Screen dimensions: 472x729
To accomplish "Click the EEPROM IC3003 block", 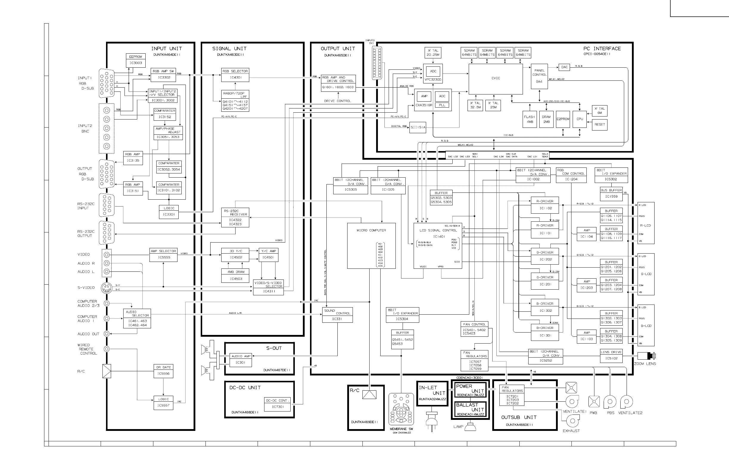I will (135, 60).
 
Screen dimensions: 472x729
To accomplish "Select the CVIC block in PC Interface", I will (496, 78).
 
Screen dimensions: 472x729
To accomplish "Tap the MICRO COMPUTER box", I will (371, 246).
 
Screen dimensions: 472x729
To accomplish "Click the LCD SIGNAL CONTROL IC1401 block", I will (438, 246).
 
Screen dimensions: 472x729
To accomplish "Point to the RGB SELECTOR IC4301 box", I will (235, 75).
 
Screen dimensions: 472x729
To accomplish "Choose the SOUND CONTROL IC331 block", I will (337, 315).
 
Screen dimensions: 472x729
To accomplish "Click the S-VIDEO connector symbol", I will (106, 288).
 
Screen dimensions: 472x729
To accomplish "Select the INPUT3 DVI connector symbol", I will (377, 63).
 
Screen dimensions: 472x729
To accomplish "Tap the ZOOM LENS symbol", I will (646, 356).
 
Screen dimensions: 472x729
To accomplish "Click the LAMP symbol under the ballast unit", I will (470, 426).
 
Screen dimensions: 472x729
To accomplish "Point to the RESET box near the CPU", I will (599, 125).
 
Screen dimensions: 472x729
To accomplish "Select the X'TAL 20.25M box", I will (433, 53).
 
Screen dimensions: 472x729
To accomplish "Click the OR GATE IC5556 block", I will (163, 371).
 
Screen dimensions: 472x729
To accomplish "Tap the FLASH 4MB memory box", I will (529, 119).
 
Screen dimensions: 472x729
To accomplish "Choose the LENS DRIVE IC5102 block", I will (611, 355).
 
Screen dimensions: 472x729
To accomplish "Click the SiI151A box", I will (418, 128).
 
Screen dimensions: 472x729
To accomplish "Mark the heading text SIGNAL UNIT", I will (229, 49).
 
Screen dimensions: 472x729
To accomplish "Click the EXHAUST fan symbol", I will (572, 421).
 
